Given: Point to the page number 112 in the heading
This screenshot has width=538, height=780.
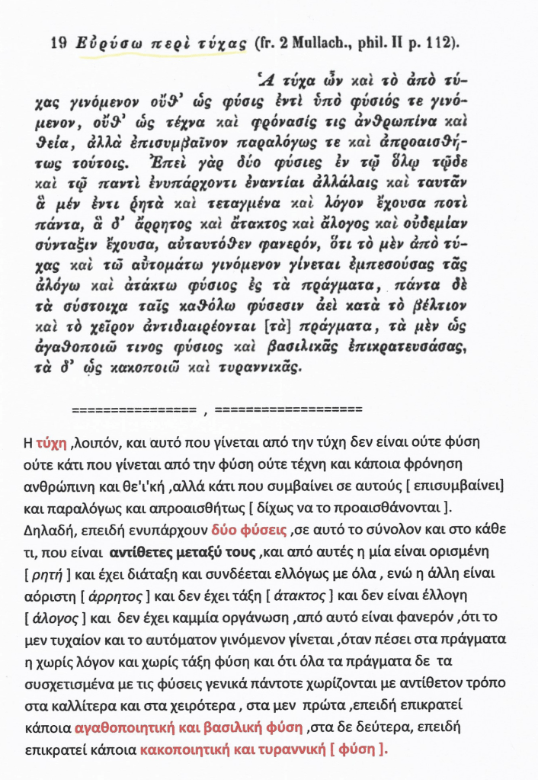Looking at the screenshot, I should [x=440, y=44].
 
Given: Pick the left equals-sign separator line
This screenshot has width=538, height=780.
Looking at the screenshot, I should [x=133, y=409].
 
